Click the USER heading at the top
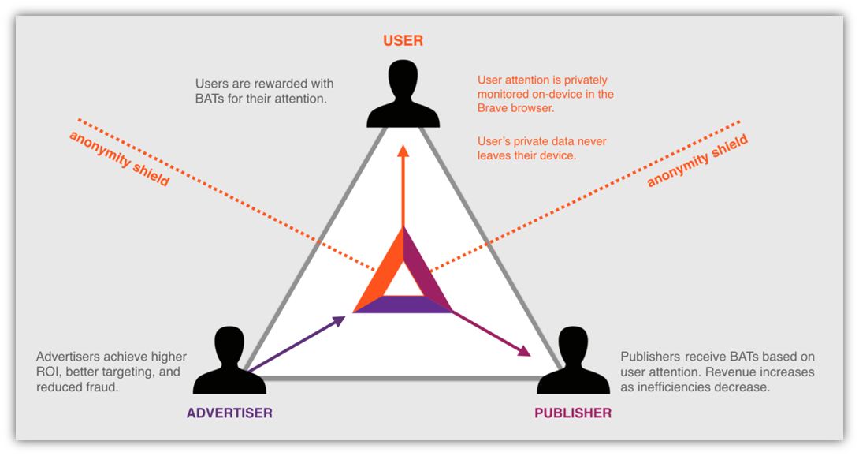(x=403, y=40)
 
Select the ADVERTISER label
(x=229, y=413)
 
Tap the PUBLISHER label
(x=573, y=413)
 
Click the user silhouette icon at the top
(x=403, y=95)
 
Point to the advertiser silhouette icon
(x=229, y=363)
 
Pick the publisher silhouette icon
(x=573, y=363)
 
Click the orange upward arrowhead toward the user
(x=403, y=152)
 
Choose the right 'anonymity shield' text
(x=697, y=161)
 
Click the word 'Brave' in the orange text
(x=494, y=108)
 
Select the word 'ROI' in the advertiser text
(x=49, y=372)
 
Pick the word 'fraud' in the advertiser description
(x=102, y=387)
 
